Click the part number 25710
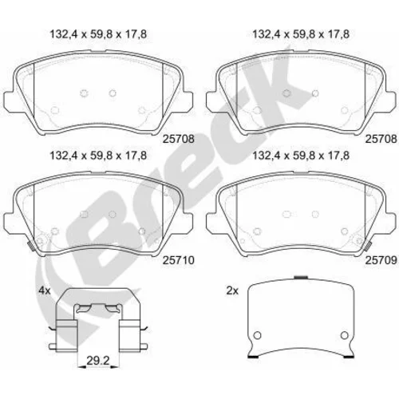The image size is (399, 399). pyautogui.click(x=179, y=260)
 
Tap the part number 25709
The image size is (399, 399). pyautogui.click(x=381, y=260)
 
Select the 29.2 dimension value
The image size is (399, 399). pyautogui.click(x=98, y=361)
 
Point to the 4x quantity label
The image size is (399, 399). pyautogui.click(x=45, y=290)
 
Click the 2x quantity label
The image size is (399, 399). pyautogui.click(x=232, y=290)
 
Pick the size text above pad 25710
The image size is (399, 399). pyautogui.click(x=98, y=156)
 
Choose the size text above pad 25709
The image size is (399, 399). pyautogui.click(x=301, y=156)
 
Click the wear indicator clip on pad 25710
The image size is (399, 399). pyautogui.click(x=31, y=247)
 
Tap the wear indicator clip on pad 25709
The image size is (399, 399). pyautogui.click(x=368, y=247)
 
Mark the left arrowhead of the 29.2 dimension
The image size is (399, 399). pyautogui.click(x=81, y=367)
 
